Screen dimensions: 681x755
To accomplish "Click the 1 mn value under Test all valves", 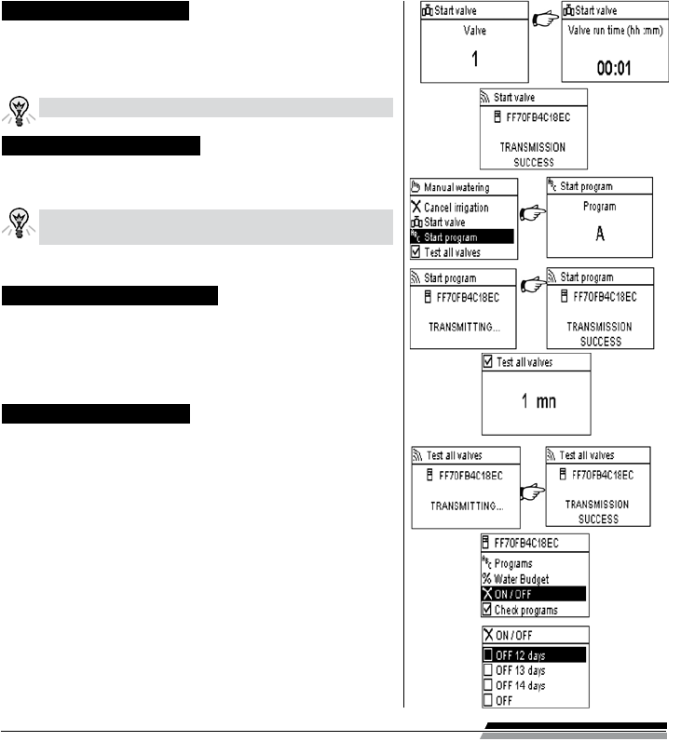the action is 536,404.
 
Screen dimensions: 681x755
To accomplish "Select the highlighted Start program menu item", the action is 456,236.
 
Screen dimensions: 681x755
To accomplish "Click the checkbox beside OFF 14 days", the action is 488,685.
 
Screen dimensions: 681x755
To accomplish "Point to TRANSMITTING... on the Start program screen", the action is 463,328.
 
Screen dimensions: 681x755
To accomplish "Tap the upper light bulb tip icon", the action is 18,108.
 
